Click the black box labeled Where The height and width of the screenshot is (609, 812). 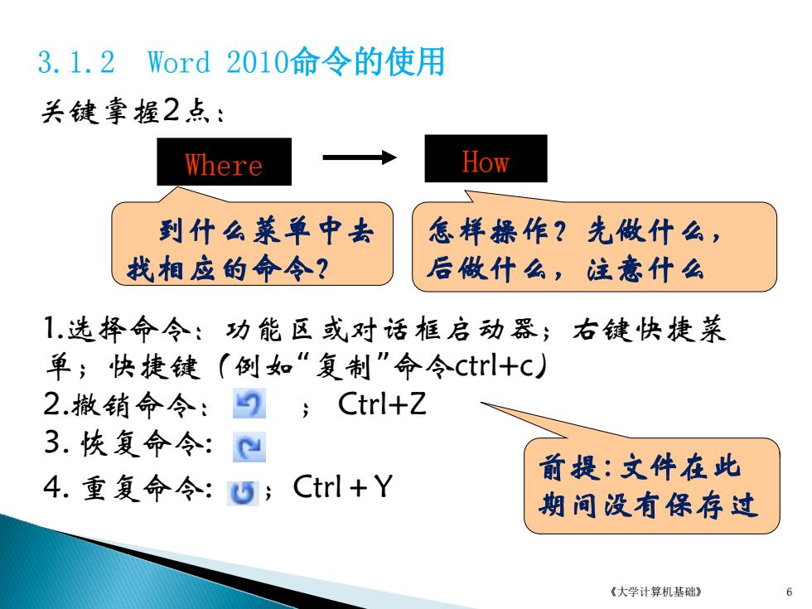pyautogui.click(x=225, y=162)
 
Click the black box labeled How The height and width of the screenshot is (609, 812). pyautogui.click(x=486, y=158)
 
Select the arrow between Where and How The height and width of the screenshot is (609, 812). pyautogui.click(x=360, y=157)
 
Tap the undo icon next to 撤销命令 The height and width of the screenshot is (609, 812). pyautogui.click(x=249, y=404)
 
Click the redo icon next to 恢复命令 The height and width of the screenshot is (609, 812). pyautogui.click(x=249, y=447)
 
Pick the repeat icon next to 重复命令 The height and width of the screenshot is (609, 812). pyautogui.click(x=243, y=492)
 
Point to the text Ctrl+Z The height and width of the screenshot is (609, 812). pyautogui.click(x=382, y=404)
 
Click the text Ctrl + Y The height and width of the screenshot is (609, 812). pyautogui.click(x=343, y=487)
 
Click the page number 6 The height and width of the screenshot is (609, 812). pyautogui.click(x=789, y=592)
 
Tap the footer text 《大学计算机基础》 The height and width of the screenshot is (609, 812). pyautogui.click(x=656, y=592)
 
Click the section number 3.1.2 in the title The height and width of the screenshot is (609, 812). pyautogui.click(x=76, y=62)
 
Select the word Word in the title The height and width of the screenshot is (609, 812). pyautogui.click(x=179, y=62)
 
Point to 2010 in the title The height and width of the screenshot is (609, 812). pyautogui.click(x=257, y=62)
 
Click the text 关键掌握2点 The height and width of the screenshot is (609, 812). pyautogui.click(x=133, y=110)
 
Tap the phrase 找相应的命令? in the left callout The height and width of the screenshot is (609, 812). pyautogui.click(x=228, y=268)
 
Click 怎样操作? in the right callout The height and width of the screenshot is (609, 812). pyautogui.click(x=497, y=231)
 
